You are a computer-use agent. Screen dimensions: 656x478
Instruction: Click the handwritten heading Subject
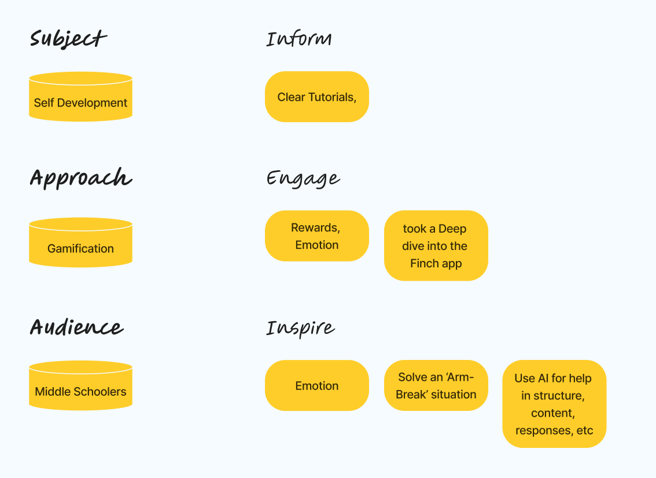pyautogui.click(x=68, y=39)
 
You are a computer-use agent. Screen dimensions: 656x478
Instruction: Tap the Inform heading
pyautogui.click(x=299, y=39)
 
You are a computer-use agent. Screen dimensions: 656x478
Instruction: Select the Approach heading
pyautogui.click(x=81, y=178)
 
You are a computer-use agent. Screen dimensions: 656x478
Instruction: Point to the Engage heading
pyautogui.click(x=303, y=179)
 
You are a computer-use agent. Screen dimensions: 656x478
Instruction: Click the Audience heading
pyautogui.click(x=76, y=327)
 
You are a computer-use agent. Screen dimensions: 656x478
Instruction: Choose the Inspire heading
pyautogui.click(x=300, y=328)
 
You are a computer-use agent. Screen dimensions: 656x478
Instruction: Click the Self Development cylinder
pyautogui.click(x=81, y=97)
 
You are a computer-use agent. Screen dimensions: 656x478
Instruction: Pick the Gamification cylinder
pyautogui.click(x=81, y=242)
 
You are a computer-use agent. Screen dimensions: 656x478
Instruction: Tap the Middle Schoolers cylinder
pyautogui.click(x=81, y=385)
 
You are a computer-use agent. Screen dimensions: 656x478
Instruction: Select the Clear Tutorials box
pyautogui.click(x=316, y=97)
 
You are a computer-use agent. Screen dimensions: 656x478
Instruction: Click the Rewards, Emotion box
pyautogui.click(x=316, y=236)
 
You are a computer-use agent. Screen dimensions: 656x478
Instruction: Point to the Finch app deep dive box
pyautogui.click(x=436, y=246)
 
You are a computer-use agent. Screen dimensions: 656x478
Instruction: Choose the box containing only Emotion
pyautogui.click(x=316, y=385)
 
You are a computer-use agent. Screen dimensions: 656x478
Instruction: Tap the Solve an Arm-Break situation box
pyautogui.click(x=436, y=385)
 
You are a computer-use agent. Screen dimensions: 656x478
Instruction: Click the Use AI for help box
pyautogui.click(x=554, y=404)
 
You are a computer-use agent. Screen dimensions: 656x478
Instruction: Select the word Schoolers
pyautogui.click(x=104, y=391)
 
